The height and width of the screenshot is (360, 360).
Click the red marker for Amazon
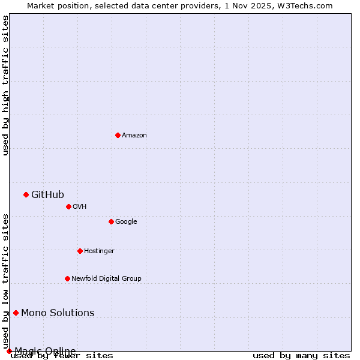click(x=118, y=135)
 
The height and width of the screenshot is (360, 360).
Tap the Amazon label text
click(x=134, y=136)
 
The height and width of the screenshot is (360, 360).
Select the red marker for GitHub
click(x=26, y=194)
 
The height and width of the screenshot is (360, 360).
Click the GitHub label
click(x=47, y=194)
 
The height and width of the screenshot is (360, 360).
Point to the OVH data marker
click(x=68, y=206)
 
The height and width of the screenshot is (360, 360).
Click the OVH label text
click(x=80, y=207)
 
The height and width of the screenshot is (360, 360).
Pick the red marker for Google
click(x=111, y=221)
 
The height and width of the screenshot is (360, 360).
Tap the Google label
click(x=126, y=222)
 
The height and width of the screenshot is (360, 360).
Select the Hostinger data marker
click(x=80, y=251)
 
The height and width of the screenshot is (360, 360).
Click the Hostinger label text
click(x=99, y=251)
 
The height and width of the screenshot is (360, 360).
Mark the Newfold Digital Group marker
click(x=67, y=278)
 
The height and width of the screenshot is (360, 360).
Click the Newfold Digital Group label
click(x=106, y=279)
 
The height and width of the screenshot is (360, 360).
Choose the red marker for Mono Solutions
click(x=16, y=313)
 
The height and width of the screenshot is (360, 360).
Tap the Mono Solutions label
click(x=58, y=313)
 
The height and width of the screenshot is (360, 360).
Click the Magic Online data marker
click(x=9, y=351)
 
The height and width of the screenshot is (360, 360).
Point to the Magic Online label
click(x=45, y=351)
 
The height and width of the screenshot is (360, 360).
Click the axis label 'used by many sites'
click(x=301, y=356)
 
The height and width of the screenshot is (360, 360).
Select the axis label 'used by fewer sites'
click(x=62, y=356)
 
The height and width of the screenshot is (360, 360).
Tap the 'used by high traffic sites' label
click(x=5, y=85)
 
